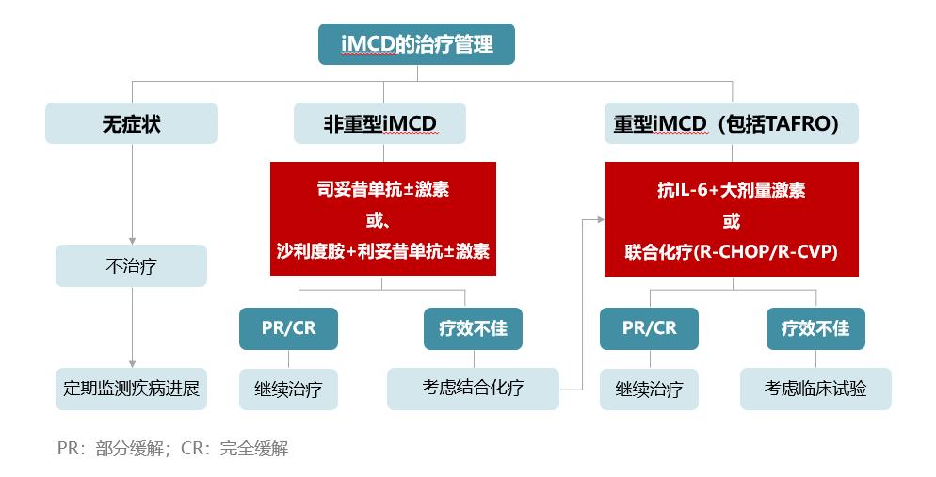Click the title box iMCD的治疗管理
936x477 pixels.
[x=416, y=44]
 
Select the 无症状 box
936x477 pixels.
[x=131, y=123]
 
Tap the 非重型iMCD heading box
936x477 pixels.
[x=379, y=123]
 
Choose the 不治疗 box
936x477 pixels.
[x=131, y=266]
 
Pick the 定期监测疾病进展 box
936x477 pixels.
[x=131, y=389]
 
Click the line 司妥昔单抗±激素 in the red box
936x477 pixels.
[x=383, y=190]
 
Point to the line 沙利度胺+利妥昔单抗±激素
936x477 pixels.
[x=383, y=251]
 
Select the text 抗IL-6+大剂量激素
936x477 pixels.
[x=732, y=190]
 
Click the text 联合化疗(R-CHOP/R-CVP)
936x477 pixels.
[x=732, y=251]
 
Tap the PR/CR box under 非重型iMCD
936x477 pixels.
[x=288, y=328]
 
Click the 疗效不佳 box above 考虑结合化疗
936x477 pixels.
[x=473, y=328]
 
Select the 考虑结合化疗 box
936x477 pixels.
[x=473, y=389]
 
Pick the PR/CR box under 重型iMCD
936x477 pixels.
[x=649, y=328]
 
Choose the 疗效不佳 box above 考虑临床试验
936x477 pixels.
[x=815, y=328]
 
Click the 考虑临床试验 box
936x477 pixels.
[x=815, y=389]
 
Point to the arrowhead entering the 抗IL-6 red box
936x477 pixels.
[x=601, y=220]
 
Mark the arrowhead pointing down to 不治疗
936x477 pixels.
[x=132, y=241]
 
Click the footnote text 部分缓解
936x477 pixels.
[x=130, y=449]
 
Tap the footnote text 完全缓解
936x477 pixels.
[x=254, y=449]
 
